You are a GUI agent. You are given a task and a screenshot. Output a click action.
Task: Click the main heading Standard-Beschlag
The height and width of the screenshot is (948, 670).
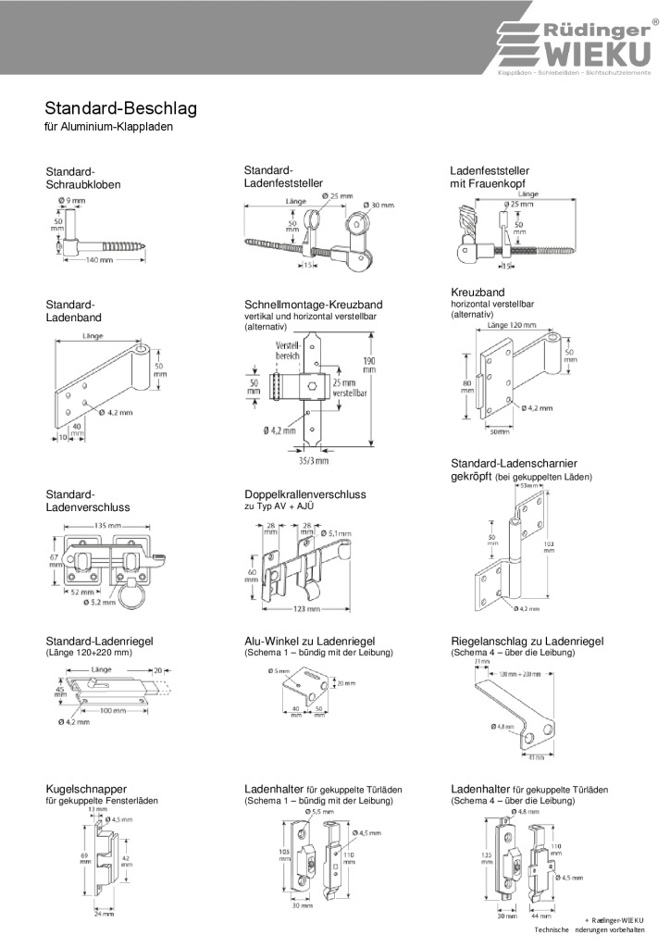point(121,108)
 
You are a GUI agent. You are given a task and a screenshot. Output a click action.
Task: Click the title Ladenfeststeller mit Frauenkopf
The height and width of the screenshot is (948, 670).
point(490,178)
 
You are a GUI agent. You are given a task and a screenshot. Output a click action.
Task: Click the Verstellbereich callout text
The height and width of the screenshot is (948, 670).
point(288,350)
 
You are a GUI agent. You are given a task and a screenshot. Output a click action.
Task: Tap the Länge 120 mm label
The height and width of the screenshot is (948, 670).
point(511,326)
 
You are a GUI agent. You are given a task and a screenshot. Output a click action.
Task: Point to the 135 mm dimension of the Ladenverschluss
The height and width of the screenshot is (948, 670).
point(104,527)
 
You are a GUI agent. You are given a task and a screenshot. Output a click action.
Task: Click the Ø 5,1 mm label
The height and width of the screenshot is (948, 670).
point(338,532)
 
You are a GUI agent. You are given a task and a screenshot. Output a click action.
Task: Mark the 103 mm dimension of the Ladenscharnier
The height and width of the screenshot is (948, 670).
point(548,545)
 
